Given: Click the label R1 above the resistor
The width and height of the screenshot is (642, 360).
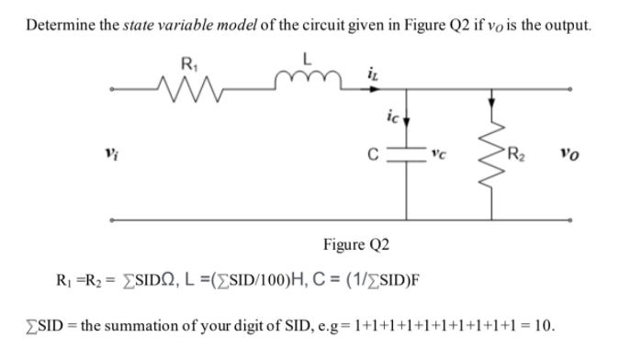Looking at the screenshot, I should click(189, 65).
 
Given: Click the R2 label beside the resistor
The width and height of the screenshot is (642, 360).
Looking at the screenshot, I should click(528, 152).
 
